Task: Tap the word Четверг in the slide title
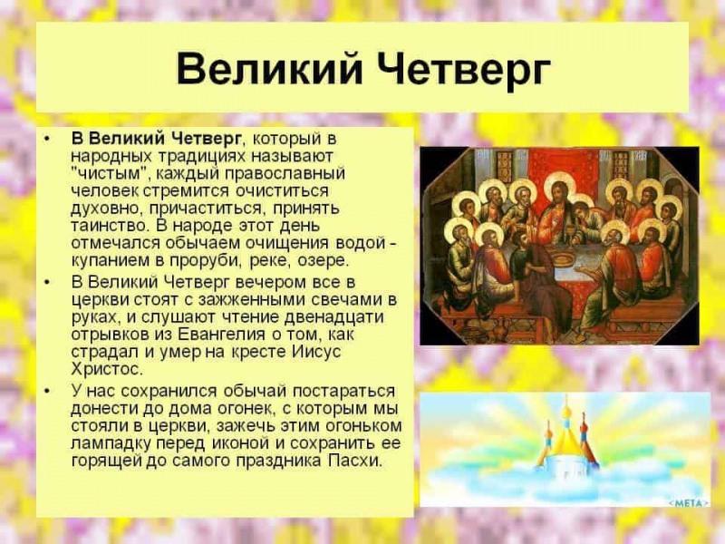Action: (x=452, y=69)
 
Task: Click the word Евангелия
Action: (x=202, y=335)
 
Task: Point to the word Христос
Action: (x=107, y=370)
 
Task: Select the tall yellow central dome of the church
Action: (x=566, y=442)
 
